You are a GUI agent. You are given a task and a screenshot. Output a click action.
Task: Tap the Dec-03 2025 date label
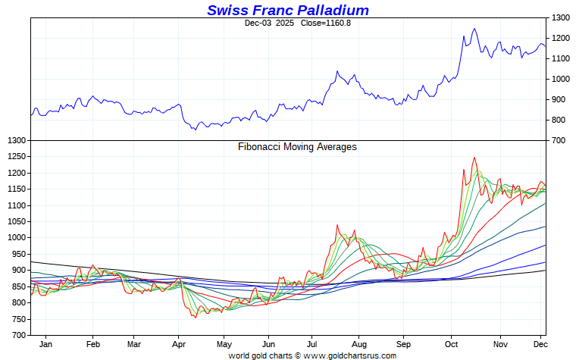click(269, 23)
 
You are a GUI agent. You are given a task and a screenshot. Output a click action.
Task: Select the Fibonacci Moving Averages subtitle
click(297, 147)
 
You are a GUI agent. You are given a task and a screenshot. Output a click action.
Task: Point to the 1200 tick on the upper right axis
click(562, 38)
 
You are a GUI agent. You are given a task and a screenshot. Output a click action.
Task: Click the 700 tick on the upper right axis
click(559, 140)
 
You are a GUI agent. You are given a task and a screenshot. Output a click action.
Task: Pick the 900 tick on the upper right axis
click(559, 99)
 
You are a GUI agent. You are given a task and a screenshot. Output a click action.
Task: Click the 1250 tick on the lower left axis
click(15, 157)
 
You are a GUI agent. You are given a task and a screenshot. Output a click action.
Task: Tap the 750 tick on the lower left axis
click(17, 319)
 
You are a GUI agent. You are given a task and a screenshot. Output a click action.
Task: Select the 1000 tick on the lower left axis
click(15, 238)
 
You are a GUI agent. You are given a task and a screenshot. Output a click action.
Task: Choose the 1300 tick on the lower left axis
click(15, 141)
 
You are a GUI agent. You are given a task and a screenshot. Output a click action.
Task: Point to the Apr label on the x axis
click(178, 343)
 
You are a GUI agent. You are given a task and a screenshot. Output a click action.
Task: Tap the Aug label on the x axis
click(360, 343)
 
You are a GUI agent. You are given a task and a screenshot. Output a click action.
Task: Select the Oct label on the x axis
click(451, 343)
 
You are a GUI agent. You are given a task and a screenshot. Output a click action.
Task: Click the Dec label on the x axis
click(540, 343)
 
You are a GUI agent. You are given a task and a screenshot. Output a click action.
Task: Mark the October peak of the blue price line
click(474, 29)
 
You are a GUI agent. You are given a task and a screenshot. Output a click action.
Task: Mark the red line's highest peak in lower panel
click(474, 158)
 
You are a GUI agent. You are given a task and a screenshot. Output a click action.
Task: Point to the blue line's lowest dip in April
click(195, 130)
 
